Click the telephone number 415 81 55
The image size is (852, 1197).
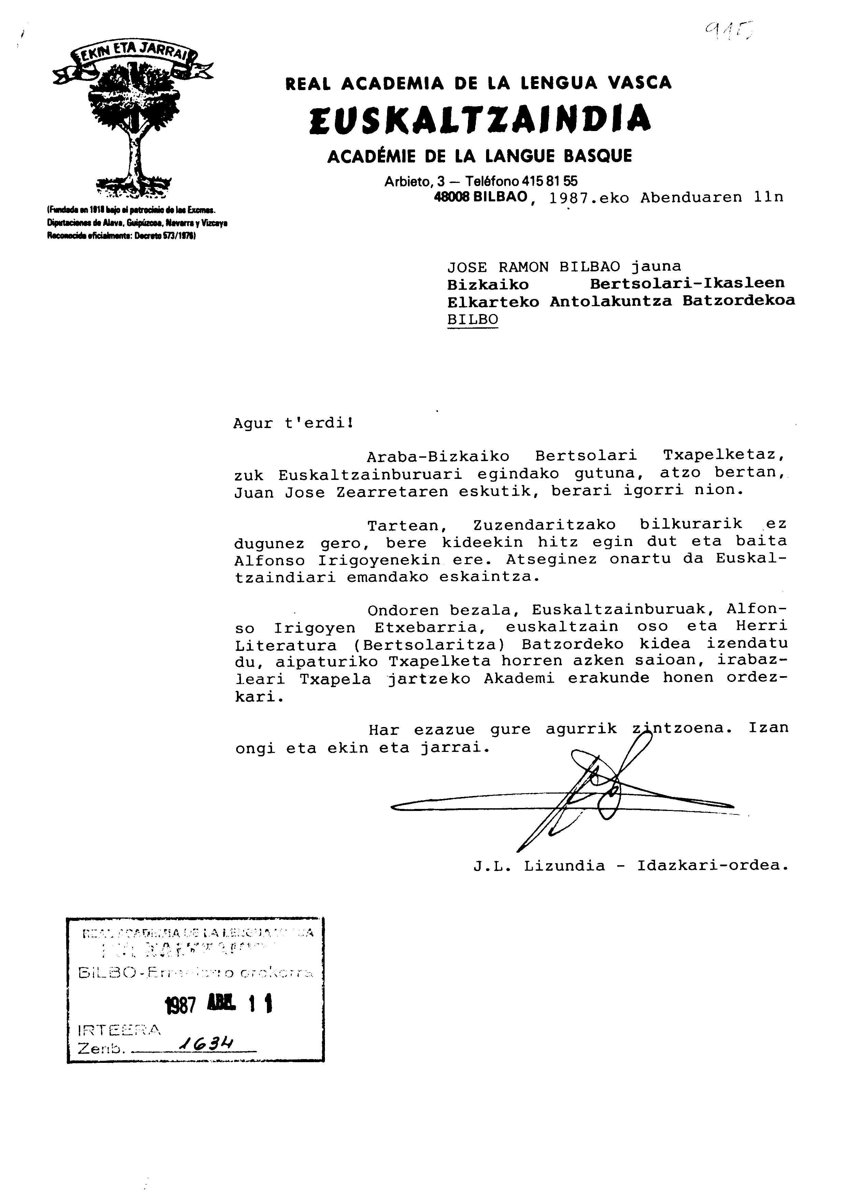coord(548,181)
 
